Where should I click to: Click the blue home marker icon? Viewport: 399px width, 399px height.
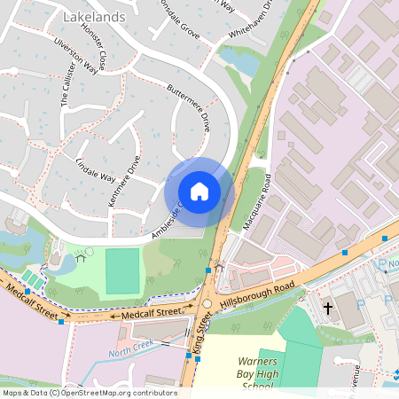[199, 192]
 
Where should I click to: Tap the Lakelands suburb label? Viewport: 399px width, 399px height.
[95, 17]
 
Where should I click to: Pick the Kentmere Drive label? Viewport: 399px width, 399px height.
[123, 183]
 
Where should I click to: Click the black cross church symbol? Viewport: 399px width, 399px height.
[328, 308]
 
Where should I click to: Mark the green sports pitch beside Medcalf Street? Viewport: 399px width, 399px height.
[123, 272]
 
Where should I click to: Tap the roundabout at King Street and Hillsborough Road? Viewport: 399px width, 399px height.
[207, 303]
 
